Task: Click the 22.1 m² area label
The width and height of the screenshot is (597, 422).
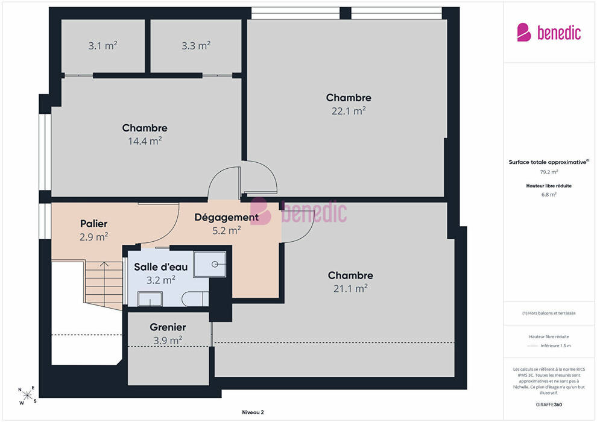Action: pos(349,111)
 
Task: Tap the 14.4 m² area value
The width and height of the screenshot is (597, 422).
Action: pos(145,141)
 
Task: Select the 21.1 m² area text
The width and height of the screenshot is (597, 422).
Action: pos(350,288)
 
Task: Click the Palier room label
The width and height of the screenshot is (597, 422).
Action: pos(93,224)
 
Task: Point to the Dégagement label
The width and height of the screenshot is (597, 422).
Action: pos(227,217)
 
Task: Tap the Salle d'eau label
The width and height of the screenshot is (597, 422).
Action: pos(160,266)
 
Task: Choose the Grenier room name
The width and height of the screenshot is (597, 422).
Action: pos(168,327)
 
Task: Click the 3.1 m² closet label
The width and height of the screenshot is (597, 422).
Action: pos(103,46)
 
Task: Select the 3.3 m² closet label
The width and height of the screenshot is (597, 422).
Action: pos(196,46)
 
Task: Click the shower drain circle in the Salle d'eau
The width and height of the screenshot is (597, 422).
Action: pos(215,263)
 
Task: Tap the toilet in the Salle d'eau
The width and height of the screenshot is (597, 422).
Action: pos(195,299)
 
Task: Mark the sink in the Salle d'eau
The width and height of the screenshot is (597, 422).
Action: pos(150,298)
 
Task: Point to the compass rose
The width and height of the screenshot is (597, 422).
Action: pos(27,395)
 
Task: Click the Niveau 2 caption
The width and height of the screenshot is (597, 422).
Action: pos(253,412)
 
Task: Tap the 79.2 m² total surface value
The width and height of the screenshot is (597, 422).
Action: pos(549,172)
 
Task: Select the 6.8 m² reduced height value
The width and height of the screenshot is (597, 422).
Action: pos(549,195)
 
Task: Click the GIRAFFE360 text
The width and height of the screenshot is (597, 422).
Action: pos(549,405)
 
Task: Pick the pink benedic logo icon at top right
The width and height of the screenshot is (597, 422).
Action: pos(524,33)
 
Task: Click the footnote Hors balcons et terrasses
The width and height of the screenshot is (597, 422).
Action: pos(549,313)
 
